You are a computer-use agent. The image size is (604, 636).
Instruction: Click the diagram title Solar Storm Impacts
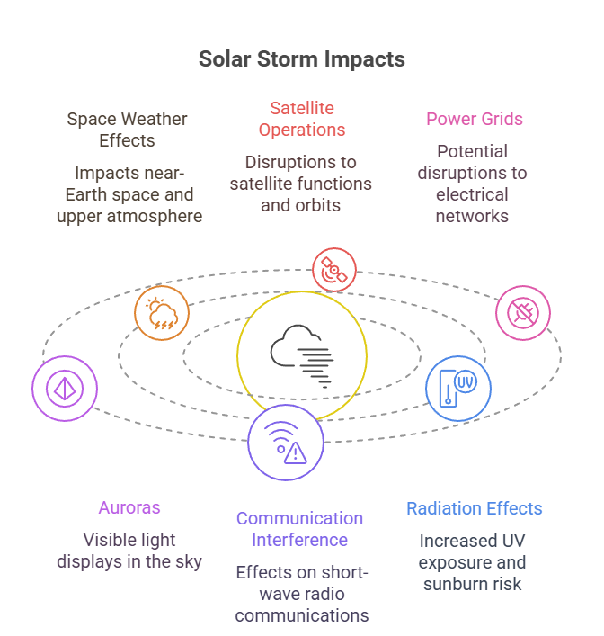tap(301, 59)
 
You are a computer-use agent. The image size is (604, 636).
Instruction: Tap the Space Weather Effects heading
tap(129, 130)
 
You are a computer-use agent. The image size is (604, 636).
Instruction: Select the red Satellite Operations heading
tap(301, 119)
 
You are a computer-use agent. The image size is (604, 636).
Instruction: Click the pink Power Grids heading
tap(474, 119)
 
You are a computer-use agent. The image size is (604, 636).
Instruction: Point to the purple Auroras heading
tap(129, 507)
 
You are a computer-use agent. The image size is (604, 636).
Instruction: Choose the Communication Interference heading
tap(299, 529)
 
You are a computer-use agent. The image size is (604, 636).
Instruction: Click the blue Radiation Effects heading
tap(474, 508)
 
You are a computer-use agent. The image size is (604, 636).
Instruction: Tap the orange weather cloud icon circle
tap(162, 313)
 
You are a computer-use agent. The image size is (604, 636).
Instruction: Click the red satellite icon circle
tap(334, 269)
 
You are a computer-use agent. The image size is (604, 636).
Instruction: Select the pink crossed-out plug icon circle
tap(523, 313)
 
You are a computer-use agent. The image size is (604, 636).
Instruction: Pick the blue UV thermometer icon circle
tap(458, 388)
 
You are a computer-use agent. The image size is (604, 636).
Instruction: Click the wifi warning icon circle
tap(286, 442)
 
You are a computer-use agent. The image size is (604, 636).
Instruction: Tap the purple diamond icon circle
tap(65, 388)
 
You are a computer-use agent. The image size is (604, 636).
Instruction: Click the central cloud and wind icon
tap(302, 355)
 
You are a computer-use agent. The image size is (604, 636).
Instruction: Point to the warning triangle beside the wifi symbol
tap(295, 453)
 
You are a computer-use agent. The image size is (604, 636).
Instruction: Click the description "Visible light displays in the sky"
tap(129, 551)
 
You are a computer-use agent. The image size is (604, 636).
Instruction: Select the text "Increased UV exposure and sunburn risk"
tap(472, 562)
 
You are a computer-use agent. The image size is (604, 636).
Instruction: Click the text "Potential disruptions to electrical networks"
tap(472, 184)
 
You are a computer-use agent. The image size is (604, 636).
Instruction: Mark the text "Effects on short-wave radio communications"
tap(301, 594)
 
